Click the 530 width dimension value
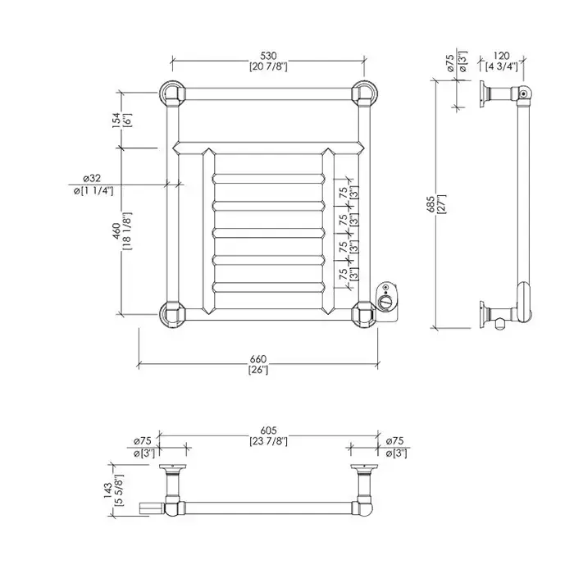[x=268, y=55]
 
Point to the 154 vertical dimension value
[x=116, y=120]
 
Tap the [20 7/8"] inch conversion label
[x=268, y=66]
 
